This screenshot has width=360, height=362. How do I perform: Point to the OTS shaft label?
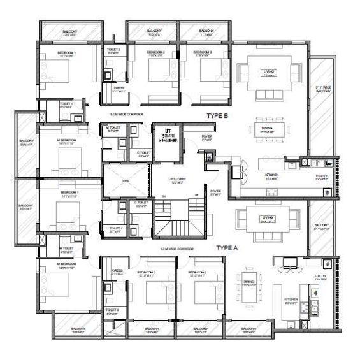[125, 179]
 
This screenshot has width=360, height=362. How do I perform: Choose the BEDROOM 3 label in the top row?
[205, 52]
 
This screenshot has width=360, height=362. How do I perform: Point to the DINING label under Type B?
[266, 128]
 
